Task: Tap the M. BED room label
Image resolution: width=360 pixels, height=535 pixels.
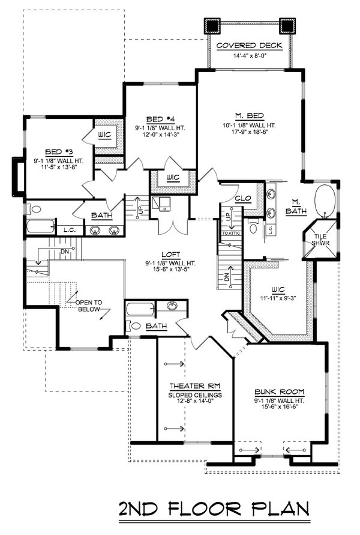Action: [248, 116]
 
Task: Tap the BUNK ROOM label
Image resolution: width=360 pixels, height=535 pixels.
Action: [277, 389]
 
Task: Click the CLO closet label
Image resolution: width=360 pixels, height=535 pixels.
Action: [242, 198]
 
